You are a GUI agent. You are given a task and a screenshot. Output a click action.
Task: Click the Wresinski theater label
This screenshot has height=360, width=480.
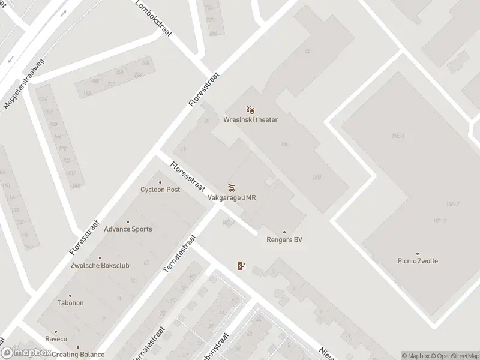tap(251, 119)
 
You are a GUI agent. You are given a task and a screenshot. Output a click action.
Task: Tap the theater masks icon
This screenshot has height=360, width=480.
tap(251, 110)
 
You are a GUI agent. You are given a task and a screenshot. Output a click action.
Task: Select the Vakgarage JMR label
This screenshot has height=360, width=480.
tap(232, 198)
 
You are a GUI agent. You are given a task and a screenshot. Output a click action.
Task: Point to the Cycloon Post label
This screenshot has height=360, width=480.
tap(160, 190)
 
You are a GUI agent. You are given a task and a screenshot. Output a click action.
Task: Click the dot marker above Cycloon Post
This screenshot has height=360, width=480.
tap(160, 182)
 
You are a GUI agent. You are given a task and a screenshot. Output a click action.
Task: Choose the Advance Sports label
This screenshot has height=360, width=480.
tap(128, 229)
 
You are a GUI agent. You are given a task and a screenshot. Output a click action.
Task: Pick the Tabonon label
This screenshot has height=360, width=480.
tap(70, 302)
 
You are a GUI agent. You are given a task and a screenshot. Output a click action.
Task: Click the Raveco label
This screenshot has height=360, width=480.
tap(56, 338)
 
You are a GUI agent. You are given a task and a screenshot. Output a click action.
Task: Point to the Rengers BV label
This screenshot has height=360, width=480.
tap(284, 240)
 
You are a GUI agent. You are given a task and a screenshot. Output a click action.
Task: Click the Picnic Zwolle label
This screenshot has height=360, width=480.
tap(418, 261)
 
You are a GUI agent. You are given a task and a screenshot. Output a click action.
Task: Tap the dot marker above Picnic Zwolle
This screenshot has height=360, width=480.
tap(418, 254)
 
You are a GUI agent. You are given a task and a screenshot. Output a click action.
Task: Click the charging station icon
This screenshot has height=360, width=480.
tap(241, 266)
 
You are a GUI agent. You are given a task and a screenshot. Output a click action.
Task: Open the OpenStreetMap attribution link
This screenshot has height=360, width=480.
tap(454, 356)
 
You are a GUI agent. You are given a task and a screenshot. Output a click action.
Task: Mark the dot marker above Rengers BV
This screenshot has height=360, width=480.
tap(284, 232)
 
